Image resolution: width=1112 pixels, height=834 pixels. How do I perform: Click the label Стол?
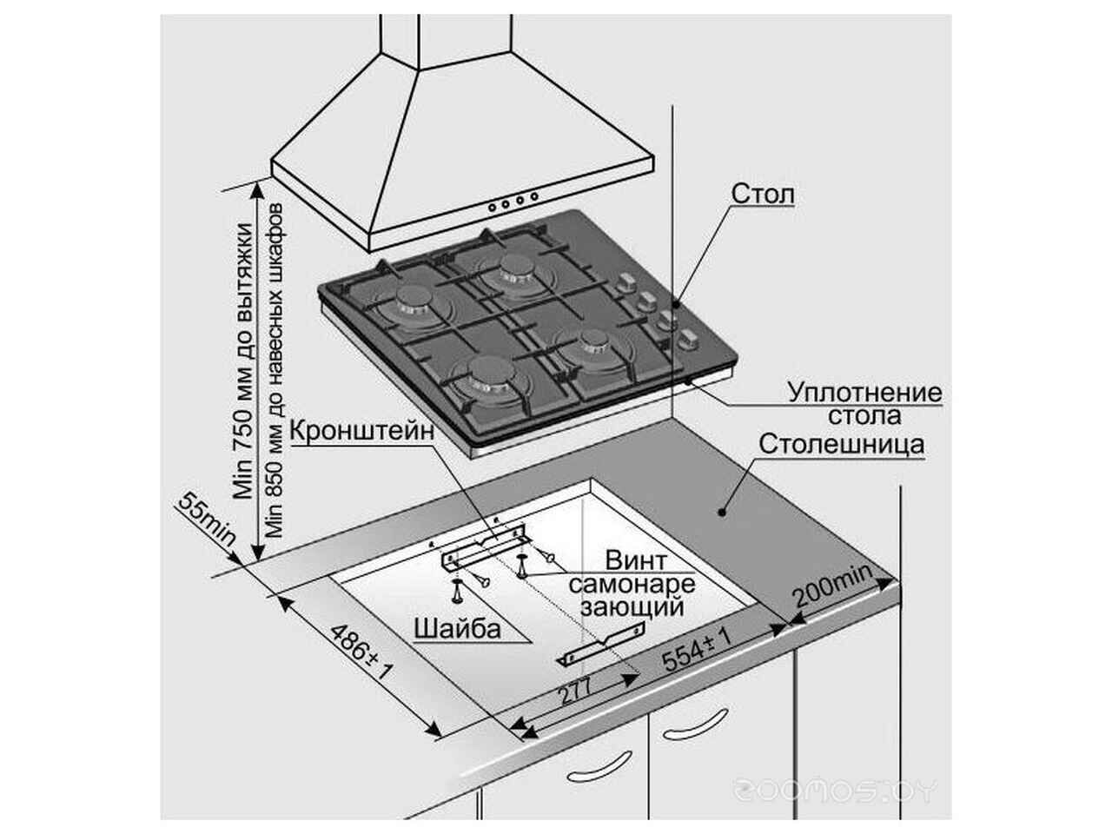click(762, 194)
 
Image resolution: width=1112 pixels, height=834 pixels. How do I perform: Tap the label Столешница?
click(840, 445)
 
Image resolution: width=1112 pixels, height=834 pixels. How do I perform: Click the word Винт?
click(636, 559)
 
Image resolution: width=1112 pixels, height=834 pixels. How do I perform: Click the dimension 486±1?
click(361, 652)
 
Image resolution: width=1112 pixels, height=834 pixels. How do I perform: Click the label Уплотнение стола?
click(864, 404)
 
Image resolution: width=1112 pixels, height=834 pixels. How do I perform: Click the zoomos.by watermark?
click(835, 791)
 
